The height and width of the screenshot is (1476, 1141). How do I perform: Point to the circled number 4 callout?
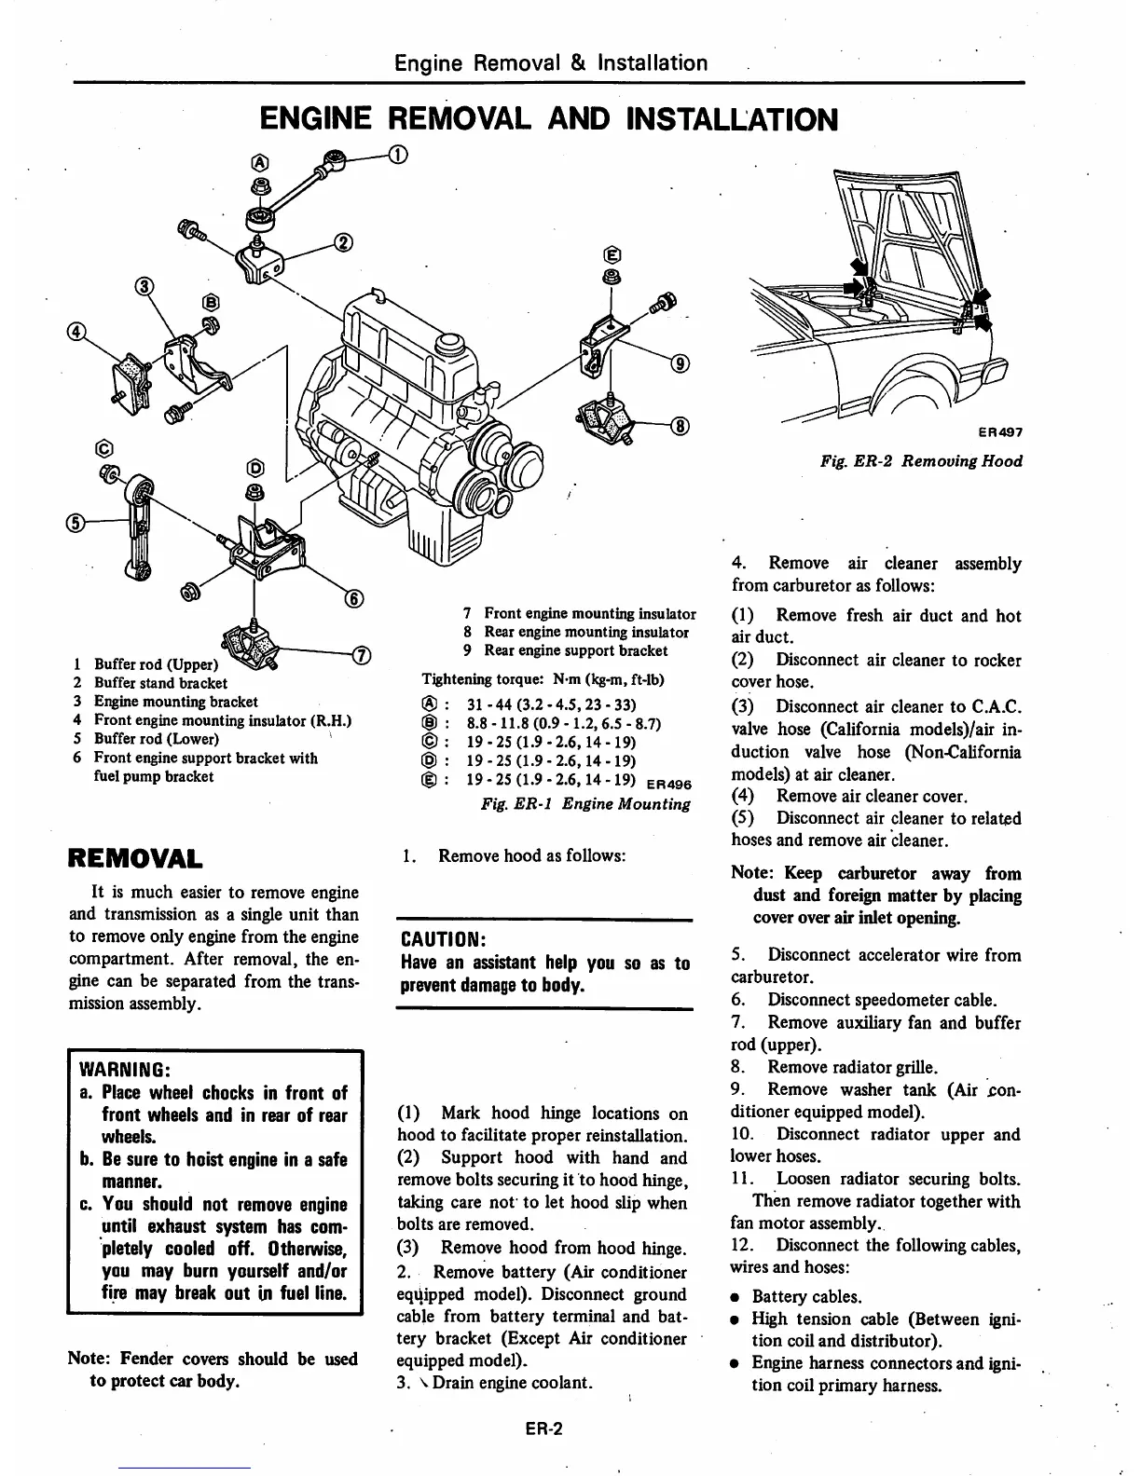click(76, 331)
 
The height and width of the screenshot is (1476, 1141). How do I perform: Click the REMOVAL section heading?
click(137, 856)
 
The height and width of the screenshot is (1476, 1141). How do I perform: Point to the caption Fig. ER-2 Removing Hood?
click(921, 461)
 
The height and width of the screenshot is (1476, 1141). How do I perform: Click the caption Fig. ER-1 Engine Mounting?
click(585, 803)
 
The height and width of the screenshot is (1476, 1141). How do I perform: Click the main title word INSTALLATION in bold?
click(733, 119)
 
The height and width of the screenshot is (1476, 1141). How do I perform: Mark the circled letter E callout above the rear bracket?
click(612, 254)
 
